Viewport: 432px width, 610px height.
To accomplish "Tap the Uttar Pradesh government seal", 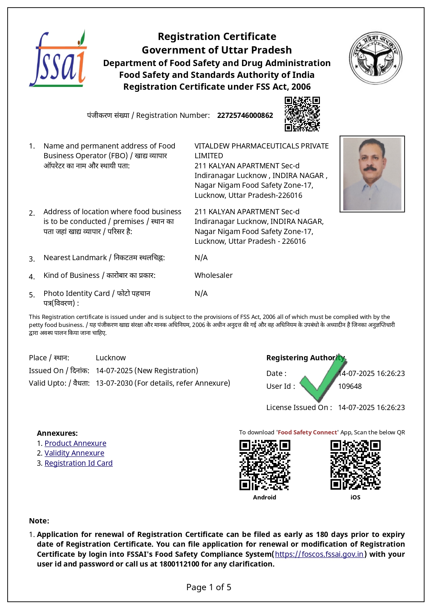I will point(376,58).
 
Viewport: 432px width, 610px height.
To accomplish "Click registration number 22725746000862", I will point(245,115).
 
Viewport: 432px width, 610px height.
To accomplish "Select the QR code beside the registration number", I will point(302,114).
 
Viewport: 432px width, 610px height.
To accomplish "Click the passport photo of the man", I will point(372,174).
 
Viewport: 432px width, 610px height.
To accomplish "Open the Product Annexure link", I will point(75,443).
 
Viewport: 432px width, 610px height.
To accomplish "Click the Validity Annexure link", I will point(74,453).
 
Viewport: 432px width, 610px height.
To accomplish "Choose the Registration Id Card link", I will point(78,463).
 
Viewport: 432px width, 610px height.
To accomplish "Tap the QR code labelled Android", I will point(265,465).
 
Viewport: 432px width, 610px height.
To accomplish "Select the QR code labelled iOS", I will point(355,465).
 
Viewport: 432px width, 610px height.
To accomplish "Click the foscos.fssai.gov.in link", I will point(319,554).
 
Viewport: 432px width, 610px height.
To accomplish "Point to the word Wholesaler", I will point(213,275).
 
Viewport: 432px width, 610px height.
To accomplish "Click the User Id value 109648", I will point(350,386).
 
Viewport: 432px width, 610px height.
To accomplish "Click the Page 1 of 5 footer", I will point(209,587).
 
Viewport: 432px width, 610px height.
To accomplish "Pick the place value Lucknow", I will point(111,358).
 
